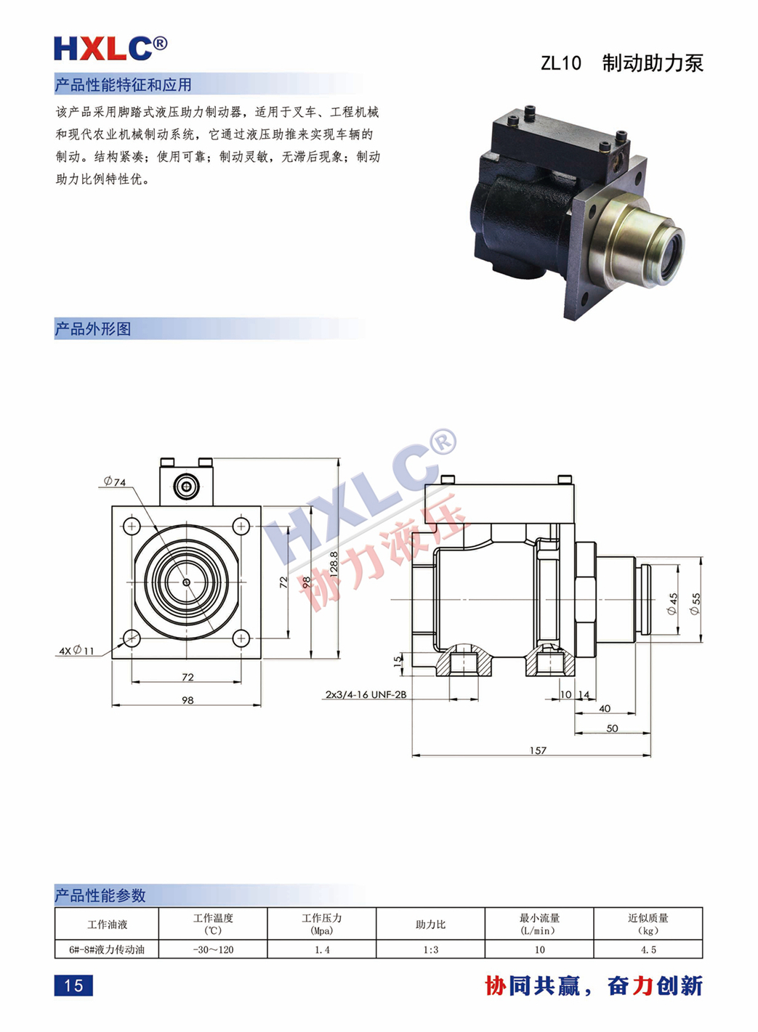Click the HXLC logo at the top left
(110, 48)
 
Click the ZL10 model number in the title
(560, 63)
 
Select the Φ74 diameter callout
(115, 482)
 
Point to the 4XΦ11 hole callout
(76, 651)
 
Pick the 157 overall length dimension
(538, 750)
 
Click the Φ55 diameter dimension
(695, 603)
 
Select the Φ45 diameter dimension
(673, 604)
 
